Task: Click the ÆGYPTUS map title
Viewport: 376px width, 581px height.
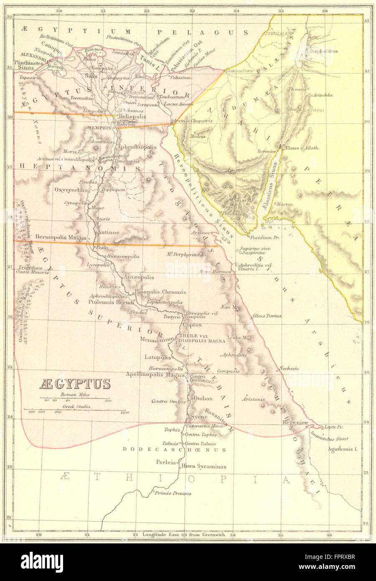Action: click(x=75, y=384)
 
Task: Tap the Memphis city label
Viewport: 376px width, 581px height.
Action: click(x=99, y=128)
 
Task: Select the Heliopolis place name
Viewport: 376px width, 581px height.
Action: click(x=132, y=117)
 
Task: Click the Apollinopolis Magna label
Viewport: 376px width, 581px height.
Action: click(x=155, y=375)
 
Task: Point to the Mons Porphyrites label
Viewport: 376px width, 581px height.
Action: click(x=183, y=254)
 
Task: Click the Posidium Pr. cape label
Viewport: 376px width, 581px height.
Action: click(x=264, y=237)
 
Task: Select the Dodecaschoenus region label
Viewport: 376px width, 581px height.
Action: click(x=174, y=450)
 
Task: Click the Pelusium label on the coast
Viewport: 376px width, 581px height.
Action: click(x=180, y=78)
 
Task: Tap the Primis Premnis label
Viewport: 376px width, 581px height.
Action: click(x=167, y=493)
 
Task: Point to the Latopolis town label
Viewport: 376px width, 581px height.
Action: click(x=158, y=357)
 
